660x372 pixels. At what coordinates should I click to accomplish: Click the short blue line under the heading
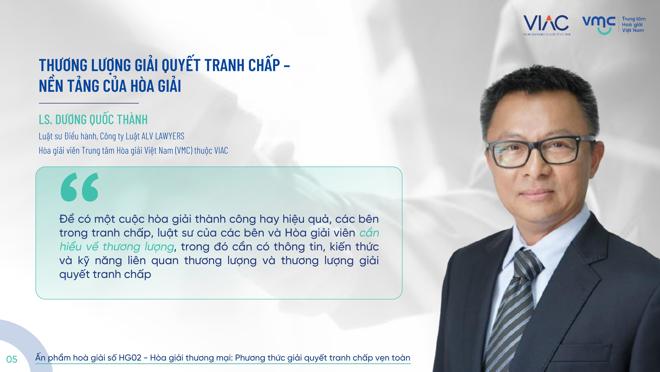point(89,103)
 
